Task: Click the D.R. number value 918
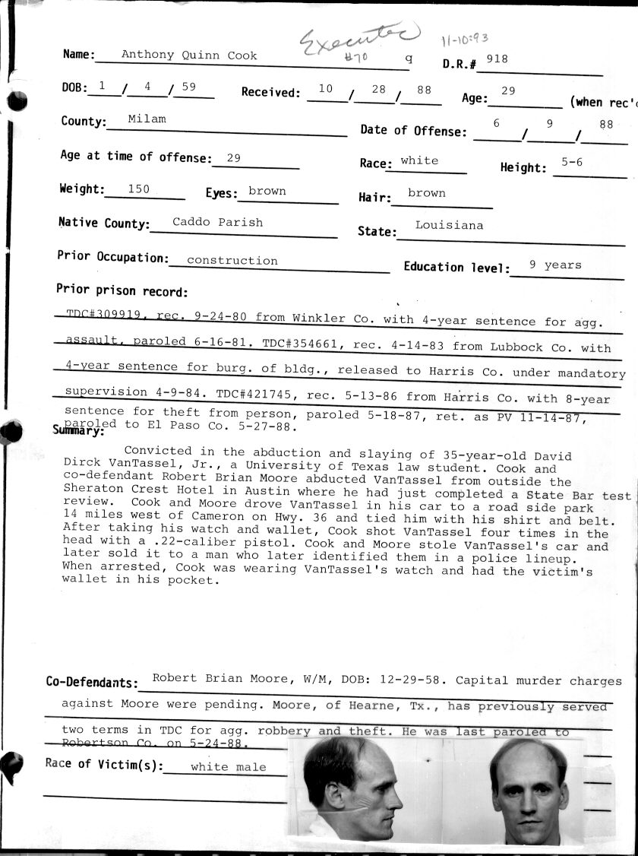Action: point(497,60)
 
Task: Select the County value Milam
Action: point(147,119)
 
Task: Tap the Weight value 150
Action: point(138,189)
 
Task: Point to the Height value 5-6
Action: point(572,163)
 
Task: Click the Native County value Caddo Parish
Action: point(217,223)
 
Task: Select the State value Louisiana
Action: point(449,226)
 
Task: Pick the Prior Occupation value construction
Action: point(232,260)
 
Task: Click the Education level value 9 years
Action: point(555,265)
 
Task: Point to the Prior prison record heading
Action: point(122,290)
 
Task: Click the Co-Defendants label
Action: point(92,683)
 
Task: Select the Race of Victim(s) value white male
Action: point(228,767)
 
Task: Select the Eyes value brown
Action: point(267,192)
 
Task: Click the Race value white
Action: point(419,161)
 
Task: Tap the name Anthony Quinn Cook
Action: point(189,55)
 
